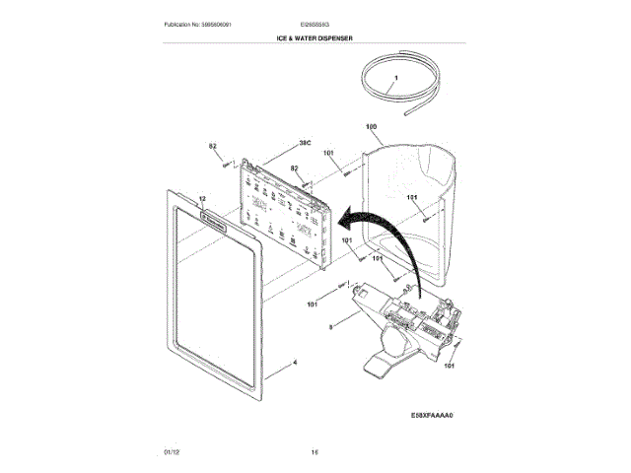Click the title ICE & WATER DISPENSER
[315, 37]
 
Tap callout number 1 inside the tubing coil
[396, 77]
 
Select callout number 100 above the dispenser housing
[372, 127]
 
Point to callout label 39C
[305, 143]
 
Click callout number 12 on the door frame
[202, 199]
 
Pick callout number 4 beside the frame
[294, 362]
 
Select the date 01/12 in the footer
[171, 452]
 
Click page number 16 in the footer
[315, 452]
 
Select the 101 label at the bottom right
[450, 367]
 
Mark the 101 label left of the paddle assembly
[312, 304]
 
